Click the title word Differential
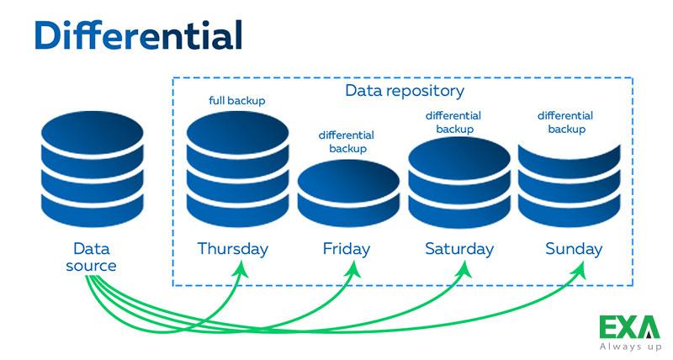[x=138, y=34]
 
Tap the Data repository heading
[x=405, y=91]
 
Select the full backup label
[x=237, y=100]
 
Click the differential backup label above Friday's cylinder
[x=347, y=142]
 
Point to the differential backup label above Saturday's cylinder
[x=453, y=122]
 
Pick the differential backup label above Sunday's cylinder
[x=565, y=122]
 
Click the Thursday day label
[x=233, y=249]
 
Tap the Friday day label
[x=347, y=249]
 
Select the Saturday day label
[x=459, y=249]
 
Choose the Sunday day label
[x=574, y=249]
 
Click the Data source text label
[x=91, y=257]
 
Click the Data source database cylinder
[x=93, y=169]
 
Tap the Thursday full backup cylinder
[x=237, y=169]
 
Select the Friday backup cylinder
[x=348, y=193]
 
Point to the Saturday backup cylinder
[x=459, y=183]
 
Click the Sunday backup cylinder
[x=570, y=185]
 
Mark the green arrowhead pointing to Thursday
[x=241, y=268]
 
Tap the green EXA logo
[x=629, y=327]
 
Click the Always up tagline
[x=630, y=347]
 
